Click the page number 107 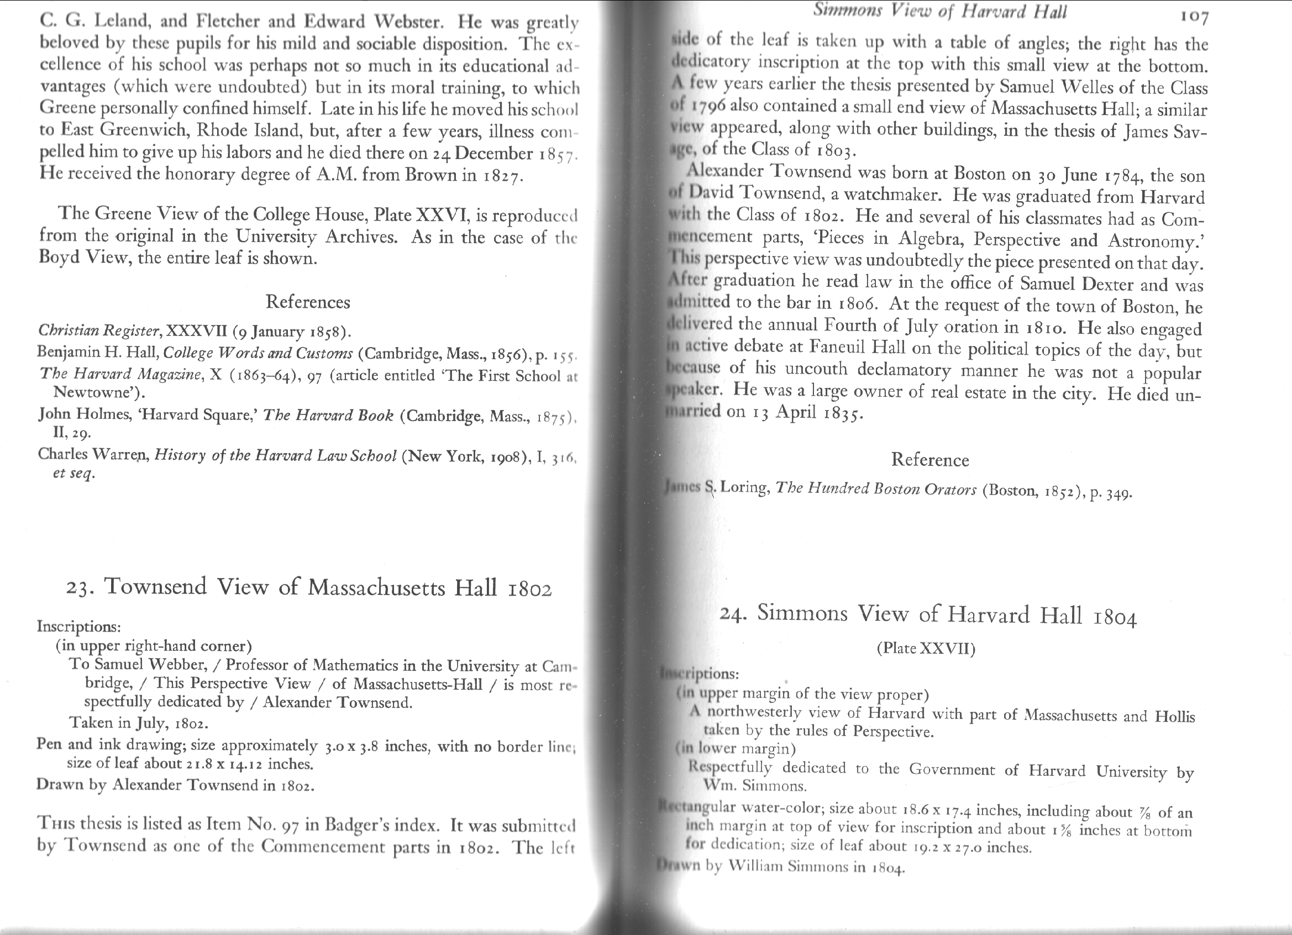pyautogui.click(x=1194, y=18)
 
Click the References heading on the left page pyautogui.click(x=308, y=301)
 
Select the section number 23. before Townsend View pyautogui.click(x=80, y=588)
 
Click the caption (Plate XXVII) pyautogui.click(x=926, y=648)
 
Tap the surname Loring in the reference pyautogui.click(x=744, y=488)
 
